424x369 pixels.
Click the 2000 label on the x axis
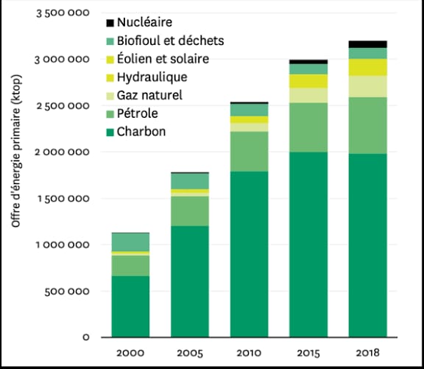pos(130,352)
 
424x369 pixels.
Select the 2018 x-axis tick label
pos(367,352)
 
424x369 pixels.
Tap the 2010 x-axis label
pos(248,352)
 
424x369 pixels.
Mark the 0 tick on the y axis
pos(86,337)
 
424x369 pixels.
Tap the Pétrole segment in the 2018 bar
pos(367,125)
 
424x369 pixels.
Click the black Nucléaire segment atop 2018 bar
pos(367,44)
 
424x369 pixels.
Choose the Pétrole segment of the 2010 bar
pos(249,151)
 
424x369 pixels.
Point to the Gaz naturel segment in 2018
pos(367,86)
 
